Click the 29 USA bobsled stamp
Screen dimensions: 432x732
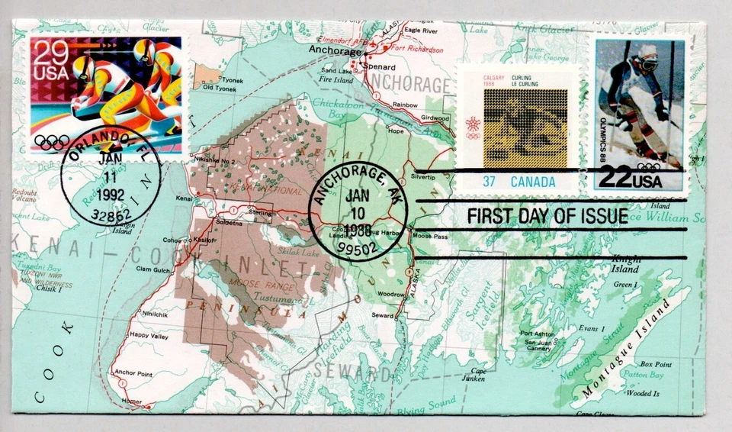[x=105, y=93]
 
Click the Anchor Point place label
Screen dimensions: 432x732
[x=133, y=373]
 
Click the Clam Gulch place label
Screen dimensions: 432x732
[x=153, y=268]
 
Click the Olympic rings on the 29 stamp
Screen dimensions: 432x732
[x=51, y=141]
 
